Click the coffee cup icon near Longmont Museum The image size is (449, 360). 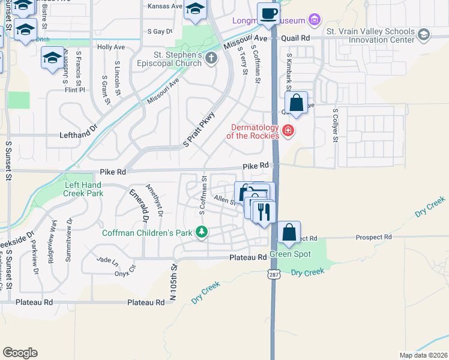[x=269, y=13]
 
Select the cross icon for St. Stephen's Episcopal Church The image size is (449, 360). [x=210, y=58]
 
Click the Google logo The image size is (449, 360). [x=20, y=352]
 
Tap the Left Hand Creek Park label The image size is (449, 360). [x=83, y=189]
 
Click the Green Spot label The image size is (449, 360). [x=290, y=254]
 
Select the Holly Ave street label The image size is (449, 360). [x=110, y=46]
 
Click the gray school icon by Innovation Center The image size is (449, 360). [x=424, y=35]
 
